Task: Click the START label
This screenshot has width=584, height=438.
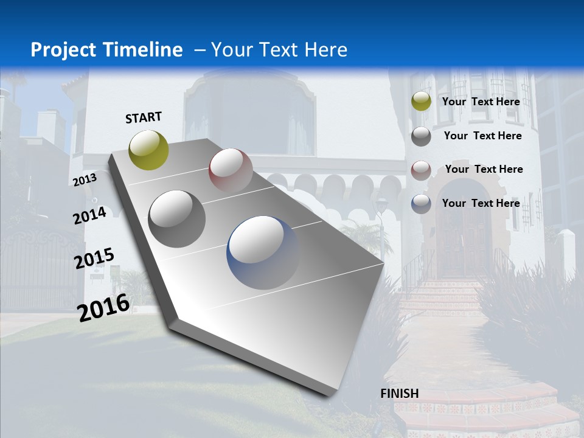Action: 144,117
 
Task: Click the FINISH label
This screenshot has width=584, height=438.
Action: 400,394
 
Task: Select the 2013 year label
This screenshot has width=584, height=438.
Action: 85,179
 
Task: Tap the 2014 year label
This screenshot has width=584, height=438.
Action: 90,215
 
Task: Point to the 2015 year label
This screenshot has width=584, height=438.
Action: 94,259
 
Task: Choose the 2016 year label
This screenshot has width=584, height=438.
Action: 103,307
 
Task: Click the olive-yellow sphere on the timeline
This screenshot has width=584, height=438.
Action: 149,150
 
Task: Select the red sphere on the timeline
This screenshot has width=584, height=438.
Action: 231,170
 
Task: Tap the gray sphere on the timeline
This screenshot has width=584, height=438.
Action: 176,218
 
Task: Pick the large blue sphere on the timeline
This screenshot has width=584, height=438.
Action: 263,252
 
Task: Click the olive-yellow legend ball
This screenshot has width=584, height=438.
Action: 421,102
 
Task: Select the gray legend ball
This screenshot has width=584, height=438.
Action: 421,136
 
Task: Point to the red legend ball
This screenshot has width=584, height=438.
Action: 421,170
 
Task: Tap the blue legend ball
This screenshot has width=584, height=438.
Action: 421,204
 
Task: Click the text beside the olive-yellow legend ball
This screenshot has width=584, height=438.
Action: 481,102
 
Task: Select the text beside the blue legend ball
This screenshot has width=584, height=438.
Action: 481,203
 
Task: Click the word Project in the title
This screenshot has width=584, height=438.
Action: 60,50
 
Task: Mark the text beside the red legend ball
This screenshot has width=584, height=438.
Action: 484,169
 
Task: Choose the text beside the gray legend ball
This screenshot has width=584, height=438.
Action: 482,136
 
